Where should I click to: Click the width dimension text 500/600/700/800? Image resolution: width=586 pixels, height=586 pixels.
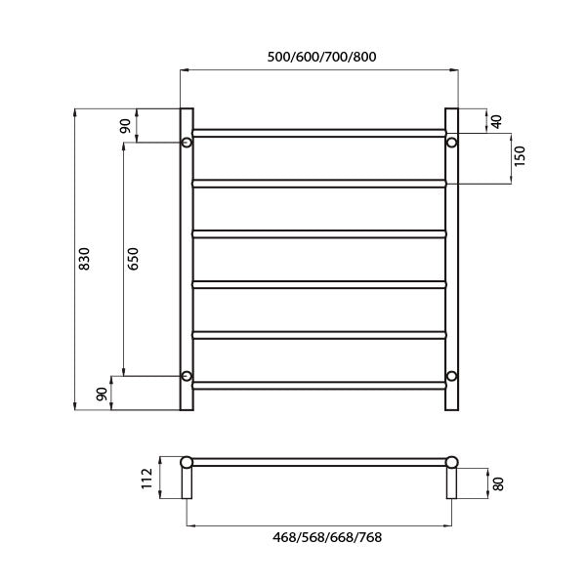pyautogui.click(x=320, y=57)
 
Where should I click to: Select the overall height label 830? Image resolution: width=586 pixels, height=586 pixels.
pyautogui.click(x=84, y=259)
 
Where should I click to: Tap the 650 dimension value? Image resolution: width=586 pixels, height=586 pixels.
pyautogui.click(x=133, y=259)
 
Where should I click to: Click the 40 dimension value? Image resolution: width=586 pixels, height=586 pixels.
pyautogui.click(x=496, y=120)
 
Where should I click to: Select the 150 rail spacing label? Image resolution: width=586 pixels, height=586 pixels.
pyautogui.click(x=520, y=156)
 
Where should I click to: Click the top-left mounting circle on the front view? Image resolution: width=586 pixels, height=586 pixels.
pyautogui.click(x=187, y=144)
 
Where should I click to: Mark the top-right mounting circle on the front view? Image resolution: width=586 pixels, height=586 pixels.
pyautogui.click(x=452, y=144)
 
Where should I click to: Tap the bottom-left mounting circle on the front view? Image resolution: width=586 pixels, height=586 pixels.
pyautogui.click(x=187, y=376)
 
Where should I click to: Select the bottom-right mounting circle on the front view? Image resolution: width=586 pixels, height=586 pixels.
pyautogui.click(x=452, y=376)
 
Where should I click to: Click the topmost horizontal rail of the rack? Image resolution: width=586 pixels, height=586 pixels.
pyautogui.click(x=319, y=132)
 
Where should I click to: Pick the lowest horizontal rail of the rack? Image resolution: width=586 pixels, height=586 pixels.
pyautogui.click(x=319, y=386)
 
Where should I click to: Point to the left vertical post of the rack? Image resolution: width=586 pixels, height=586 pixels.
pyautogui.click(x=187, y=259)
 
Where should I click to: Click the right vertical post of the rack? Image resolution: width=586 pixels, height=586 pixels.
pyautogui.click(x=452, y=259)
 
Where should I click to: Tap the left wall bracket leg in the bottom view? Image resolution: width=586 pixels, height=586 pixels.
pyautogui.click(x=187, y=484)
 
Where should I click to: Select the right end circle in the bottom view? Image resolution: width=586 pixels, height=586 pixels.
pyautogui.click(x=452, y=462)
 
